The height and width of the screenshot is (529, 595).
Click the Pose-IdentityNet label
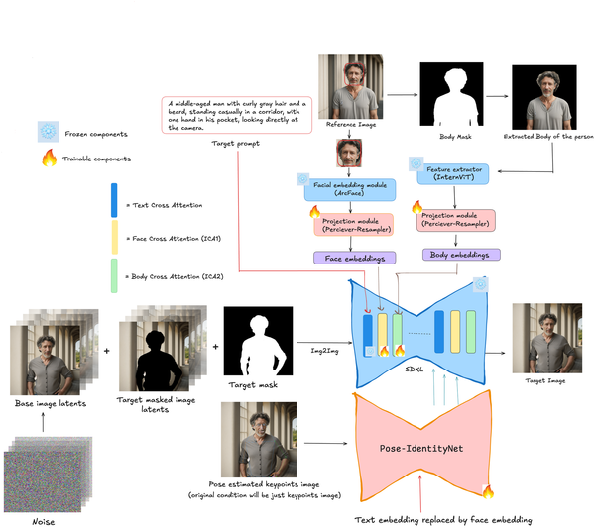[x=419, y=448]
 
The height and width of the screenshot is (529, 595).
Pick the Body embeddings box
[x=461, y=255]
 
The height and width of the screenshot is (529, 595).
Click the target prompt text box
[x=237, y=115]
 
